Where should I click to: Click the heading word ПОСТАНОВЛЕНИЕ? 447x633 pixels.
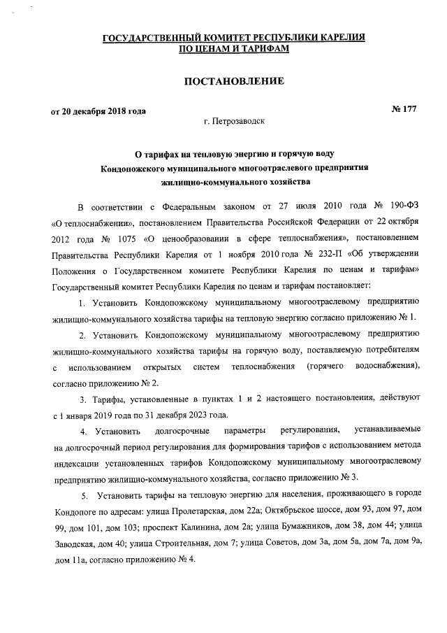pyautogui.click(x=233, y=81)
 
